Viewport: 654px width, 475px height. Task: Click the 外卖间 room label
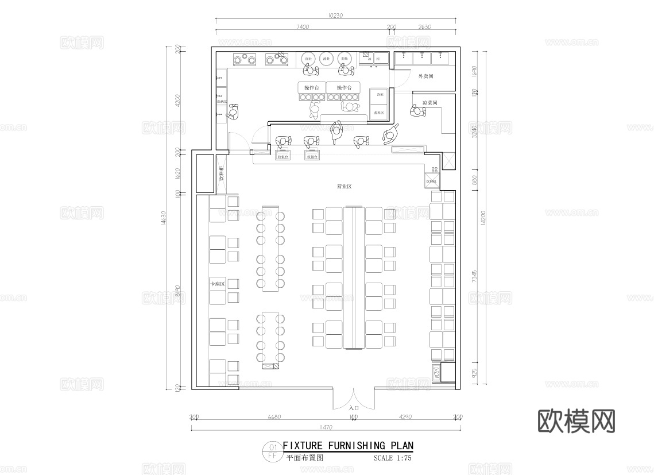pyautogui.click(x=425, y=76)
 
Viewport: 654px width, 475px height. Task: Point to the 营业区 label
pyautogui.click(x=344, y=187)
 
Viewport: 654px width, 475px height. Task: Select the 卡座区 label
pyautogui.click(x=216, y=285)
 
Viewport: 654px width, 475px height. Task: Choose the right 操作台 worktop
pyautogui.click(x=344, y=88)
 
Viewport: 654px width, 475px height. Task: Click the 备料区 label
pyautogui.click(x=379, y=113)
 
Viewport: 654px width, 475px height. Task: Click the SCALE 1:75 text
pyautogui.click(x=392, y=458)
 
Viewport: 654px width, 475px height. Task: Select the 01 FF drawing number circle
pyautogui.click(x=272, y=451)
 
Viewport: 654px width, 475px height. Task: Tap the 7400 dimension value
pyautogui.click(x=303, y=26)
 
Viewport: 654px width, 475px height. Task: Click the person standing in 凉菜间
pyautogui.click(x=417, y=110)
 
